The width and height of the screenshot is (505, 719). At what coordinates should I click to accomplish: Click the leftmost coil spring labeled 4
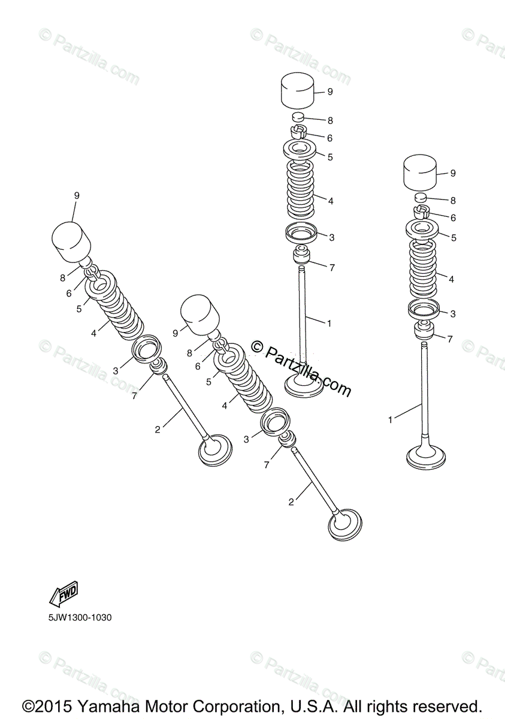[x=117, y=312]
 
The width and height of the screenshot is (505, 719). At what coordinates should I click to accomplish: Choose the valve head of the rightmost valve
[x=425, y=457]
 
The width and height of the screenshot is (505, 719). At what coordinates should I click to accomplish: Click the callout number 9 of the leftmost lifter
[x=77, y=195]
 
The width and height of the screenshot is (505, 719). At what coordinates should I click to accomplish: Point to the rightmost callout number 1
[x=390, y=420]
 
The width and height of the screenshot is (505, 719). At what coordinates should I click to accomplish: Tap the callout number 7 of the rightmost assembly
[x=450, y=339]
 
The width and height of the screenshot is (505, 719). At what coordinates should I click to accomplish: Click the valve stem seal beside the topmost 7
[x=302, y=255]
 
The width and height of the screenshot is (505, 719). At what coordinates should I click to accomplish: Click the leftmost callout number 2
[x=158, y=429]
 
